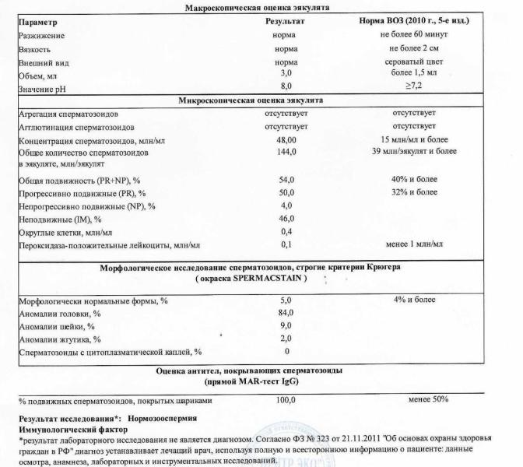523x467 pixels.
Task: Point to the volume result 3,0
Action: click(x=286, y=73)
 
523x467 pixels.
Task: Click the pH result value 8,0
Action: click(x=286, y=86)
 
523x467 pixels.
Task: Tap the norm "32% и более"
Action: click(x=415, y=192)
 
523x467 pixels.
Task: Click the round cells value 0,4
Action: click(x=286, y=233)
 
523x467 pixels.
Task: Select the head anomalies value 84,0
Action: click(x=286, y=312)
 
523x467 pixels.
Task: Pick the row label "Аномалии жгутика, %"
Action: click(x=56, y=339)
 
